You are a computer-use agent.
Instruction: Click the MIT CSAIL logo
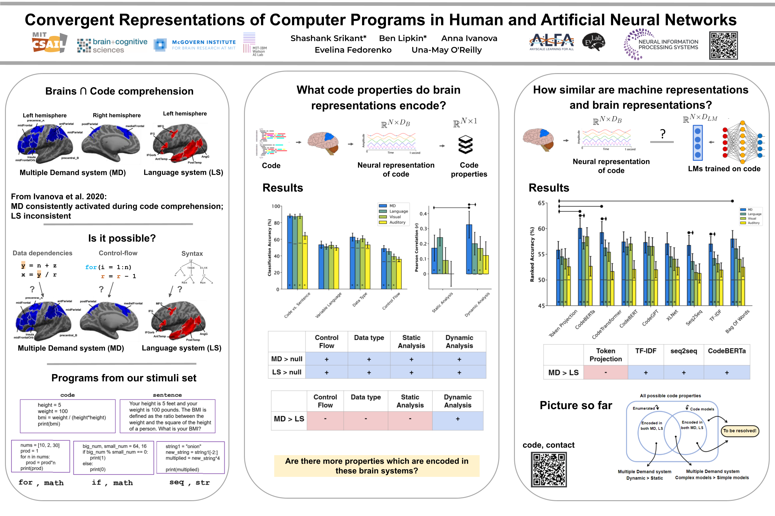tap(49, 43)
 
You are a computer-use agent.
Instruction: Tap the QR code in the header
tap(723, 46)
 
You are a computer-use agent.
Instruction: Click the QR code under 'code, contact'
tap(548, 469)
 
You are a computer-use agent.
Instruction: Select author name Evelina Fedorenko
tap(353, 50)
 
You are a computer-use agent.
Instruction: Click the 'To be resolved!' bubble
tap(739, 431)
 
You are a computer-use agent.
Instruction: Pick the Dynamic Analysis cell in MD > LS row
tap(458, 419)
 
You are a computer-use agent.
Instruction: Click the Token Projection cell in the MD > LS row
tap(605, 373)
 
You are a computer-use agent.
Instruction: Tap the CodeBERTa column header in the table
tap(727, 351)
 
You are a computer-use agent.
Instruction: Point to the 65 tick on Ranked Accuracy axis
tap(541, 203)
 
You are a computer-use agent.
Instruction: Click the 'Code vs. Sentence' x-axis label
tap(297, 305)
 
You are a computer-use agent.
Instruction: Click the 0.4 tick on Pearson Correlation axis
tap(423, 214)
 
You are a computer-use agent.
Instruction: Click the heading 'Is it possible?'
tap(122, 238)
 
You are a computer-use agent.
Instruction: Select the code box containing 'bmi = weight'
tap(68, 416)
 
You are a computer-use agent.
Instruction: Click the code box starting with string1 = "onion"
tap(190, 458)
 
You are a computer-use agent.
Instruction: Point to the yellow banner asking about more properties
tap(376, 466)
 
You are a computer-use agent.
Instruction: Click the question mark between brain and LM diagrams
tap(662, 134)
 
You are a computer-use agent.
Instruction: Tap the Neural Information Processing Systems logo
tap(661, 44)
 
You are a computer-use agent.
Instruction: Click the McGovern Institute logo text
tap(204, 45)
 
